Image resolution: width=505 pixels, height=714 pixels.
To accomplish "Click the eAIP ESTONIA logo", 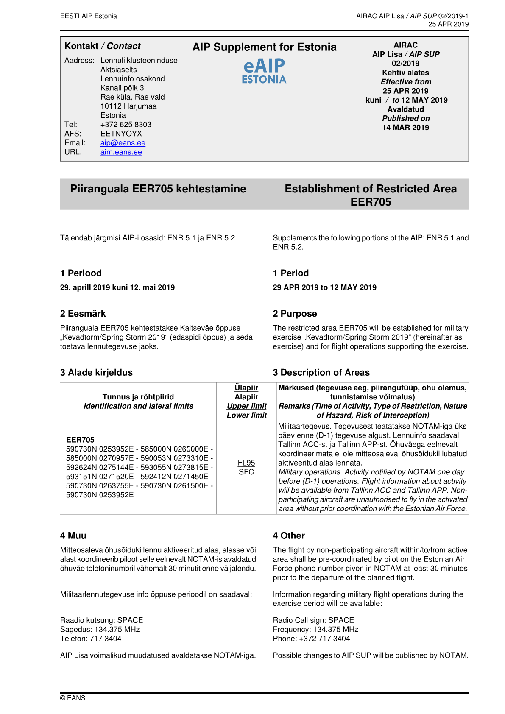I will pyautogui.click(x=264, y=71).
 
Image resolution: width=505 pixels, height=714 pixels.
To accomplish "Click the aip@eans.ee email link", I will pyautogui.click(x=123, y=143).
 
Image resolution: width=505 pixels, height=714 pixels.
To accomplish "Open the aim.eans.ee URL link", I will pyautogui.click(x=121, y=152).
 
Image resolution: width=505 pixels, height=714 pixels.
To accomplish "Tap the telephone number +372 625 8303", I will pyautogui.click(x=126, y=125).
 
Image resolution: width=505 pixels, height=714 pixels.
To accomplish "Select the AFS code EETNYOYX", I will pyautogui.click(x=121, y=134).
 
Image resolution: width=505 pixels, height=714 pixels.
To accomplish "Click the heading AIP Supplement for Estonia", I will pyautogui.click(x=264, y=47).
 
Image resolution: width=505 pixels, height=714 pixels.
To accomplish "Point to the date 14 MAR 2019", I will pyautogui.click(x=405, y=128).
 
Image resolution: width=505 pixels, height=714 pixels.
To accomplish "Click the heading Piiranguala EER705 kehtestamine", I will pyautogui.click(x=158, y=189).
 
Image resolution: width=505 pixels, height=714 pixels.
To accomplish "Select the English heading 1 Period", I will pyautogui.click(x=290, y=273).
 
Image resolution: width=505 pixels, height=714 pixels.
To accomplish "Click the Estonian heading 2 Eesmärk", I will pyautogui.click(x=83, y=314).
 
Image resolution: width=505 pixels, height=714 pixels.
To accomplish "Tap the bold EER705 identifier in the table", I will pyautogui.click(x=80, y=440).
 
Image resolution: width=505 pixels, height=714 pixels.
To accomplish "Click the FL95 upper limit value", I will pyautogui.click(x=246, y=463).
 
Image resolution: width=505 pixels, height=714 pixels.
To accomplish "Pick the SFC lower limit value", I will pyautogui.click(x=246, y=472).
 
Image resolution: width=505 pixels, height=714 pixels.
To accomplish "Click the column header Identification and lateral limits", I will pyautogui.click(x=138, y=406).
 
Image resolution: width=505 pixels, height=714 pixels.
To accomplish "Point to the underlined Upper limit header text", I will pyautogui.click(x=247, y=406).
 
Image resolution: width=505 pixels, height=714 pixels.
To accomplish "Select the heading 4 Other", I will pyautogui.click(x=289, y=536).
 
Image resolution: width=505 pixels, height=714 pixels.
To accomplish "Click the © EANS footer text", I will pyautogui.click(x=73, y=698).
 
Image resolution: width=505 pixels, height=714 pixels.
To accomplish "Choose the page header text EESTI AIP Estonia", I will pyautogui.click(x=88, y=16).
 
